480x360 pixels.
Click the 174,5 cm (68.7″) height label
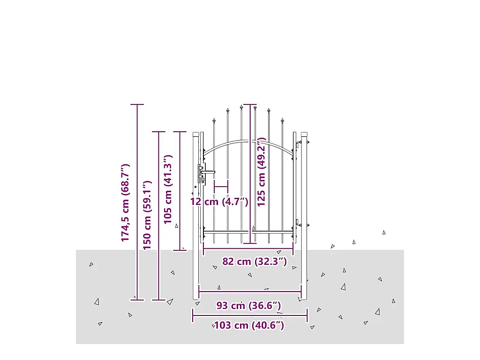click(125, 203)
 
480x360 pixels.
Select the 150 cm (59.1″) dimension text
click(147, 215)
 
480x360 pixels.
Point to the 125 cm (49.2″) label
click(261, 172)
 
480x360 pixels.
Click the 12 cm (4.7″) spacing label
click(219, 202)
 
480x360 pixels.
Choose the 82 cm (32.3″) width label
click(254, 262)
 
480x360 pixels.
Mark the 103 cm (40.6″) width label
click(248, 325)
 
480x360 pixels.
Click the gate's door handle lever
click(208, 172)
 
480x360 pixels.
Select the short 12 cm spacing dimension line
click(221, 187)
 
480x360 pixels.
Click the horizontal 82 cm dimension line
click(248, 249)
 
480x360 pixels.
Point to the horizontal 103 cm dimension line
click(250, 315)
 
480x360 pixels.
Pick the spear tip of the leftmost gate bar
click(214, 121)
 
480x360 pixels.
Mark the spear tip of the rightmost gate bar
click(283, 121)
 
